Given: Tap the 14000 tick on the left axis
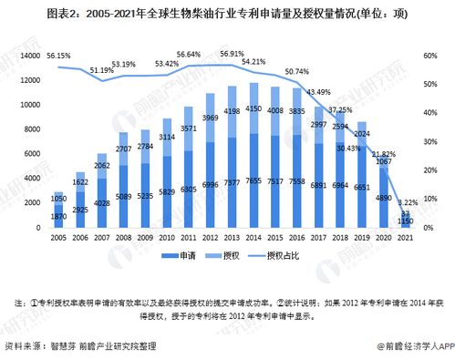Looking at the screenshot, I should [29, 56].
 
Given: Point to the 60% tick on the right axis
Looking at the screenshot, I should [428, 56].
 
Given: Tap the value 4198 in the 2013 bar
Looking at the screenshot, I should [233, 110].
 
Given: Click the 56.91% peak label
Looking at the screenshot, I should [233, 54].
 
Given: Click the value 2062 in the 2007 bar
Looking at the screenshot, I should [101, 167].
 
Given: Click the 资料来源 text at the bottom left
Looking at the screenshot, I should [24, 346].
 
